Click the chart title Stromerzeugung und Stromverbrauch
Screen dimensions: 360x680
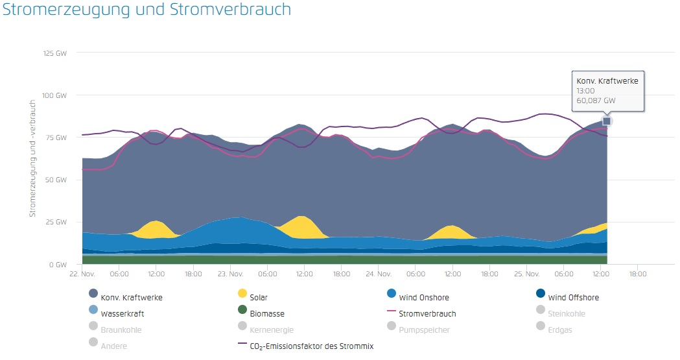tap(147, 10)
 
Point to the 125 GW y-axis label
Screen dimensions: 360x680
tap(56, 53)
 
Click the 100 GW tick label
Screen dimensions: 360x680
tap(56, 95)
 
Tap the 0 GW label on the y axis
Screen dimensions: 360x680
tap(59, 265)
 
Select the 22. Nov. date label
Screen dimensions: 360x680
tap(82, 274)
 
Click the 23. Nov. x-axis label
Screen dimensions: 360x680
tap(231, 274)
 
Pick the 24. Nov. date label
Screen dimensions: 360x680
tap(379, 274)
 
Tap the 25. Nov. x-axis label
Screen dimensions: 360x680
tap(528, 274)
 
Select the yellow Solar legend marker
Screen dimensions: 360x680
tap(243, 298)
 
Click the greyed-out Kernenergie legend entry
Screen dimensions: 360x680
tap(272, 330)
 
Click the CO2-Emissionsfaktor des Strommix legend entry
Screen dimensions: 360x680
tap(311, 346)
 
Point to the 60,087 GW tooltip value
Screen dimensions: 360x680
tap(596, 101)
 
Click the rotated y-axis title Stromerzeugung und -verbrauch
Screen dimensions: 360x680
tap(32, 158)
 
